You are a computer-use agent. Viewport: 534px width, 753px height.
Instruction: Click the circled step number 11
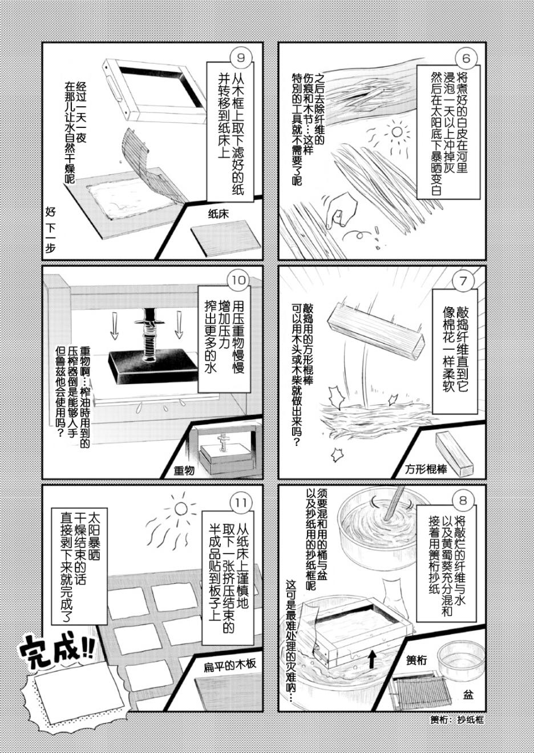pyautogui.click(x=241, y=502)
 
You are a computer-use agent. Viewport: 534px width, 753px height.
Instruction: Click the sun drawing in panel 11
pyautogui.click(x=180, y=508)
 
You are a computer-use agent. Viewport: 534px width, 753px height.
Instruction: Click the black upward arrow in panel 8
pyautogui.click(x=371, y=659)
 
